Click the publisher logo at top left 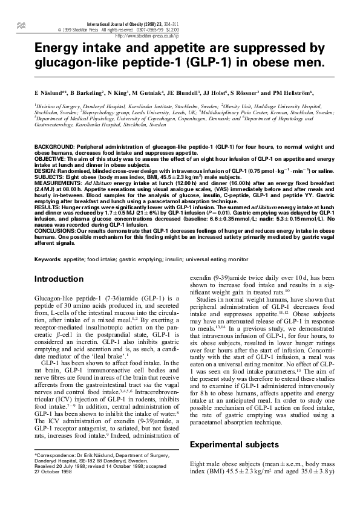click(x=22, y=25)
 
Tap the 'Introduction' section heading click(x=59, y=279)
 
